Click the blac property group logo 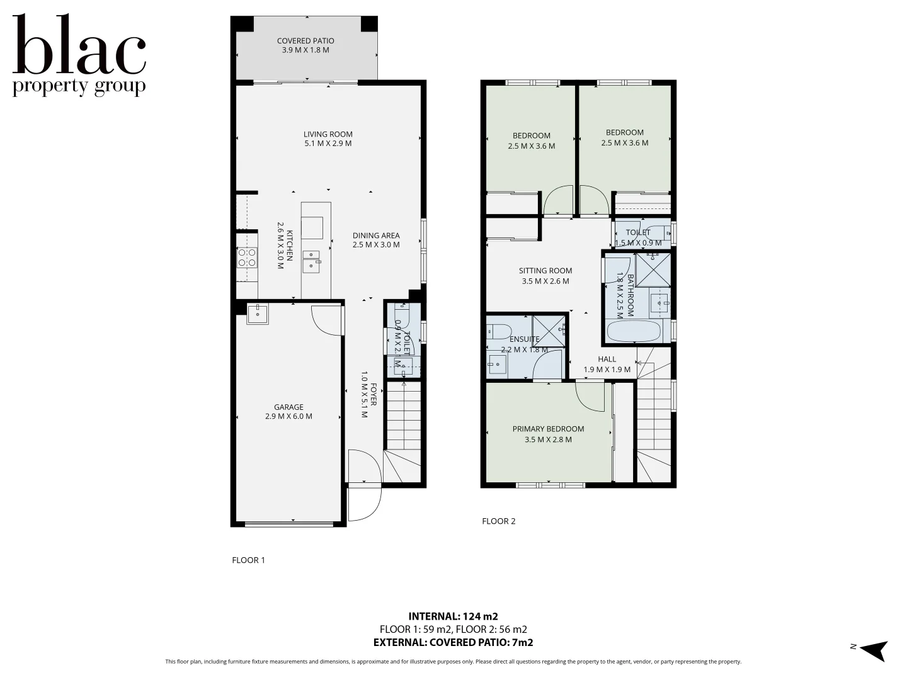coord(79,57)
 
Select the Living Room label coord(328,134)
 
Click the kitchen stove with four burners coord(246,258)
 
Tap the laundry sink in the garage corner coord(258,313)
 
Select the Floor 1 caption coord(248,560)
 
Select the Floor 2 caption coord(498,521)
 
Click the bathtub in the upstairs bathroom coord(634,331)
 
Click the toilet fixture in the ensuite coord(498,331)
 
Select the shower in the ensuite coord(549,331)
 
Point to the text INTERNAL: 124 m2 coord(453,616)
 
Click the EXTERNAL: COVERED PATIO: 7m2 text coord(453,642)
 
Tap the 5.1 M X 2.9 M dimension coord(328,144)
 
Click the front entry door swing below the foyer coord(364,504)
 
